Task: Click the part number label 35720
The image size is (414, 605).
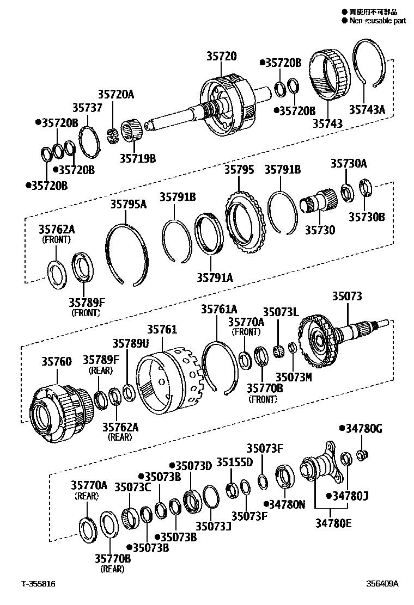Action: pyautogui.click(x=221, y=55)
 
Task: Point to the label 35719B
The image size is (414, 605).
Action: pyautogui.click(x=137, y=158)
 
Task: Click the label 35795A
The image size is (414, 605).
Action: pyautogui.click(x=129, y=204)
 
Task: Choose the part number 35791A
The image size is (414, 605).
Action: pyautogui.click(x=215, y=277)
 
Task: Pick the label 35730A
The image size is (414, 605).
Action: pyautogui.click(x=349, y=163)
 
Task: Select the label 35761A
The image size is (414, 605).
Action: pyautogui.click(x=219, y=309)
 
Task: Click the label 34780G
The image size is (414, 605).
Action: pyautogui.click(x=363, y=429)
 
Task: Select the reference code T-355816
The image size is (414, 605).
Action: pyautogui.click(x=38, y=584)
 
